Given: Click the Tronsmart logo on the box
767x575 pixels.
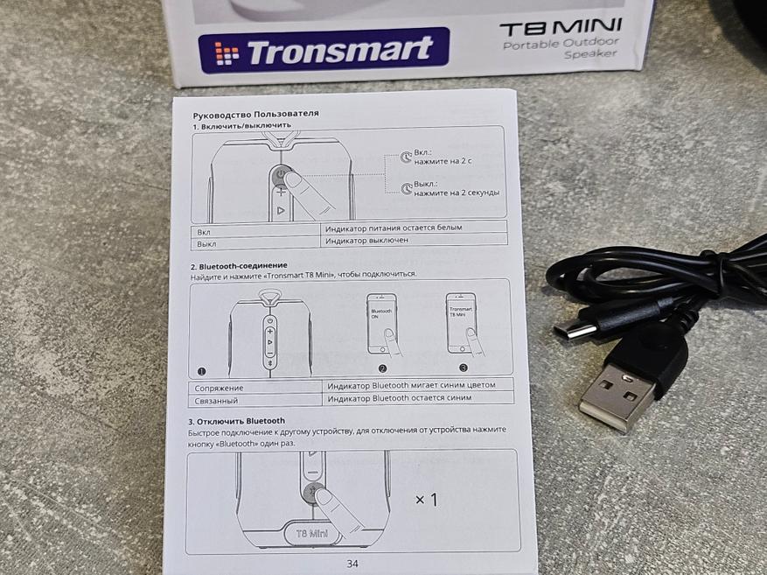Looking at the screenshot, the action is pyautogui.click(x=324, y=51).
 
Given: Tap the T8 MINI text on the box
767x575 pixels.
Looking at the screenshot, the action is pyautogui.click(x=561, y=28).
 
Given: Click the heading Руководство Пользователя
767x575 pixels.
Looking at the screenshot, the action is pyautogui.click(x=256, y=115).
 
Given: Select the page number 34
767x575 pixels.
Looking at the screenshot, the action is pyautogui.click(x=352, y=564).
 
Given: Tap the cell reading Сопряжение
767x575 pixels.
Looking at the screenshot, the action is pyautogui.click(x=219, y=388).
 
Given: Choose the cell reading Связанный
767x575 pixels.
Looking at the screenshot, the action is pyautogui.click(x=216, y=401).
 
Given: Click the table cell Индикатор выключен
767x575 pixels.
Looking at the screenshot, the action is pyautogui.click(x=366, y=241).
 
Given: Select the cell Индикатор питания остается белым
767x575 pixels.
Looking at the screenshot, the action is pyautogui.click(x=394, y=227).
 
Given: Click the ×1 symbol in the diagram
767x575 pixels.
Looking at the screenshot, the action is pyautogui.click(x=427, y=500).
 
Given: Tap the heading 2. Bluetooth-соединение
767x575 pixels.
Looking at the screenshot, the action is pyautogui.click(x=239, y=266).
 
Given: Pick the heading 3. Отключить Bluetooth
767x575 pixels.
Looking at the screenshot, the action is pyautogui.click(x=237, y=421).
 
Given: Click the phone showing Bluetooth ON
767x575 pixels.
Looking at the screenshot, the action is pyautogui.click(x=381, y=323).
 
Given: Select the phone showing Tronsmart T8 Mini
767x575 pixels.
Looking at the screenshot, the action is pyautogui.click(x=461, y=323).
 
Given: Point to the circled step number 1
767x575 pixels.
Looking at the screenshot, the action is pyautogui.click(x=201, y=371).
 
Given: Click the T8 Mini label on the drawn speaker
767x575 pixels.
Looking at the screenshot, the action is pyautogui.click(x=312, y=533).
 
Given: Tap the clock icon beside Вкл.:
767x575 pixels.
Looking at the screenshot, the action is pyautogui.click(x=406, y=157).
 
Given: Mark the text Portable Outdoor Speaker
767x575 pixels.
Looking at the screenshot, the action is pyautogui.click(x=561, y=48).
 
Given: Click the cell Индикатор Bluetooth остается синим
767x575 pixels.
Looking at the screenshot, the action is pyautogui.click(x=400, y=398).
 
